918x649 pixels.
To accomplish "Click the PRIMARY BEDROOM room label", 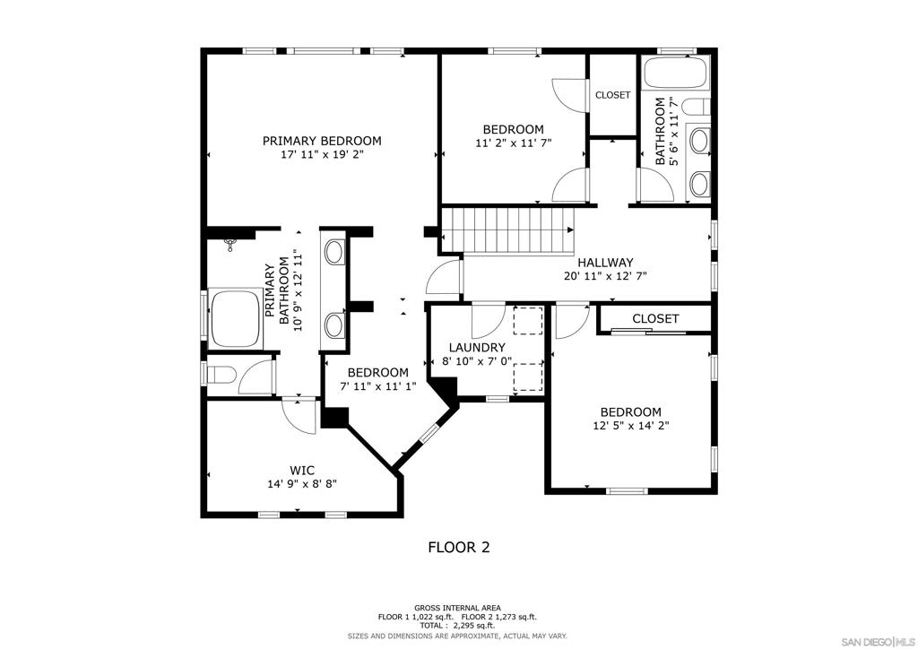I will pos(321,141).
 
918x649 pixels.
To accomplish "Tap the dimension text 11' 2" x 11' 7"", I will pos(513,143).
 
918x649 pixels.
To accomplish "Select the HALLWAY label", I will pos(605,262).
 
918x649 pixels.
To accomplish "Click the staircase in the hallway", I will pos(508,230).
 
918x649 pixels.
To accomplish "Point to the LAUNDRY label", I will pos(477,347).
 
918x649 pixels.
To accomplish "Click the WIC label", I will pos(301,470).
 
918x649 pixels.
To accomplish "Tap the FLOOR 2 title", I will pos(458,547).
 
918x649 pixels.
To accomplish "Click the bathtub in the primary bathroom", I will pos(235,318).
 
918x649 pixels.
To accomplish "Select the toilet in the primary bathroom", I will pos(221,374).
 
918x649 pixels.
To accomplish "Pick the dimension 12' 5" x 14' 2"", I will pos(631,426).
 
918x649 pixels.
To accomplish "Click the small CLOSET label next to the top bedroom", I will pos(612,95).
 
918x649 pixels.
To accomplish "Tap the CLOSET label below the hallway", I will pos(655,318).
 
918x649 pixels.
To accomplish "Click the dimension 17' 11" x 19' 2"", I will pos(321,154).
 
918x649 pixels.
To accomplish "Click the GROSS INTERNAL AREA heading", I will pos(458,607).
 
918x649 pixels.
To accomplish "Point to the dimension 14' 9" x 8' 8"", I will pos(301,483).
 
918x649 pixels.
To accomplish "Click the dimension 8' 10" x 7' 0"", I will pos(477,361).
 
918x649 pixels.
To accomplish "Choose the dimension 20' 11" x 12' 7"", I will pos(605,276).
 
